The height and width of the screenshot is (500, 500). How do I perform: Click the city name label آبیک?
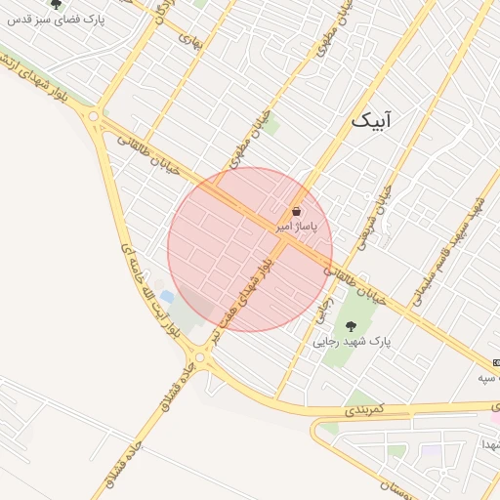coord(374,121)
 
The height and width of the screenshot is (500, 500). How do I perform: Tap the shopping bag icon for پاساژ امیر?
coord(296,211)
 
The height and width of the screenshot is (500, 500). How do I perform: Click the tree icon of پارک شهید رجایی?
coord(351,326)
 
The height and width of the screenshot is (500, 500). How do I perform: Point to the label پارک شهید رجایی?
coord(352,343)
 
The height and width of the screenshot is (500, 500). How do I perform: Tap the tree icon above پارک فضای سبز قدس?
coord(56,4)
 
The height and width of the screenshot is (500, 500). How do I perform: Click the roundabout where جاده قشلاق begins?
coord(200,358)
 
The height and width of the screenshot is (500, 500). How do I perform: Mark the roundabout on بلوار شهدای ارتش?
coord(94,117)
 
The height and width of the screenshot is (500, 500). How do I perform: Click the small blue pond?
coord(167,296)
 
